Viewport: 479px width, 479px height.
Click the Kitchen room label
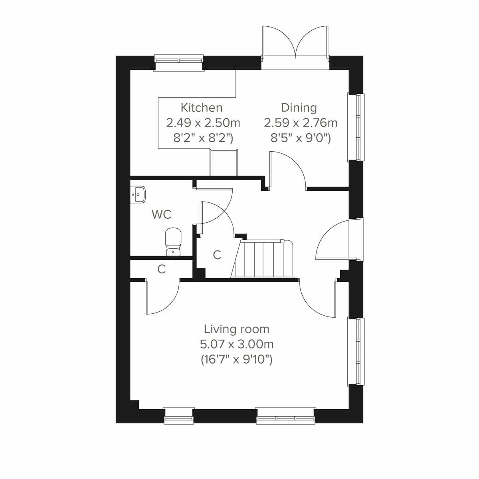(x=202, y=108)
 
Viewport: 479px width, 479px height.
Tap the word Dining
(x=299, y=108)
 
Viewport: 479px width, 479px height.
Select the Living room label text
(x=237, y=329)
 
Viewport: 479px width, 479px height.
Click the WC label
(x=161, y=214)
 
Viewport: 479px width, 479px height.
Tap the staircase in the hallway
(x=263, y=258)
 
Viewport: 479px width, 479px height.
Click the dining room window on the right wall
(x=356, y=127)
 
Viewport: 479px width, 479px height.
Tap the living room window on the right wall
(x=356, y=351)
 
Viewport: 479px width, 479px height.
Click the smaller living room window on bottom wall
(x=179, y=415)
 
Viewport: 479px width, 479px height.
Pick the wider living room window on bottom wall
(x=285, y=415)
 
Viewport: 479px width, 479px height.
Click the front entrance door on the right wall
(x=339, y=239)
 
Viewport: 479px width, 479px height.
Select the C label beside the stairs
(x=217, y=255)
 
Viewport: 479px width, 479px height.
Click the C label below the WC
(x=161, y=269)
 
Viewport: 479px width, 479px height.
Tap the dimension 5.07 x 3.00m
(x=237, y=344)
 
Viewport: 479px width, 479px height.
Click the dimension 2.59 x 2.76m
(x=300, y=123)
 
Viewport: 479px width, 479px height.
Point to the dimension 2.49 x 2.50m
(x=203, y=123)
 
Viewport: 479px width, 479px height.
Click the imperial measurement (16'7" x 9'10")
(x=237, y=359)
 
